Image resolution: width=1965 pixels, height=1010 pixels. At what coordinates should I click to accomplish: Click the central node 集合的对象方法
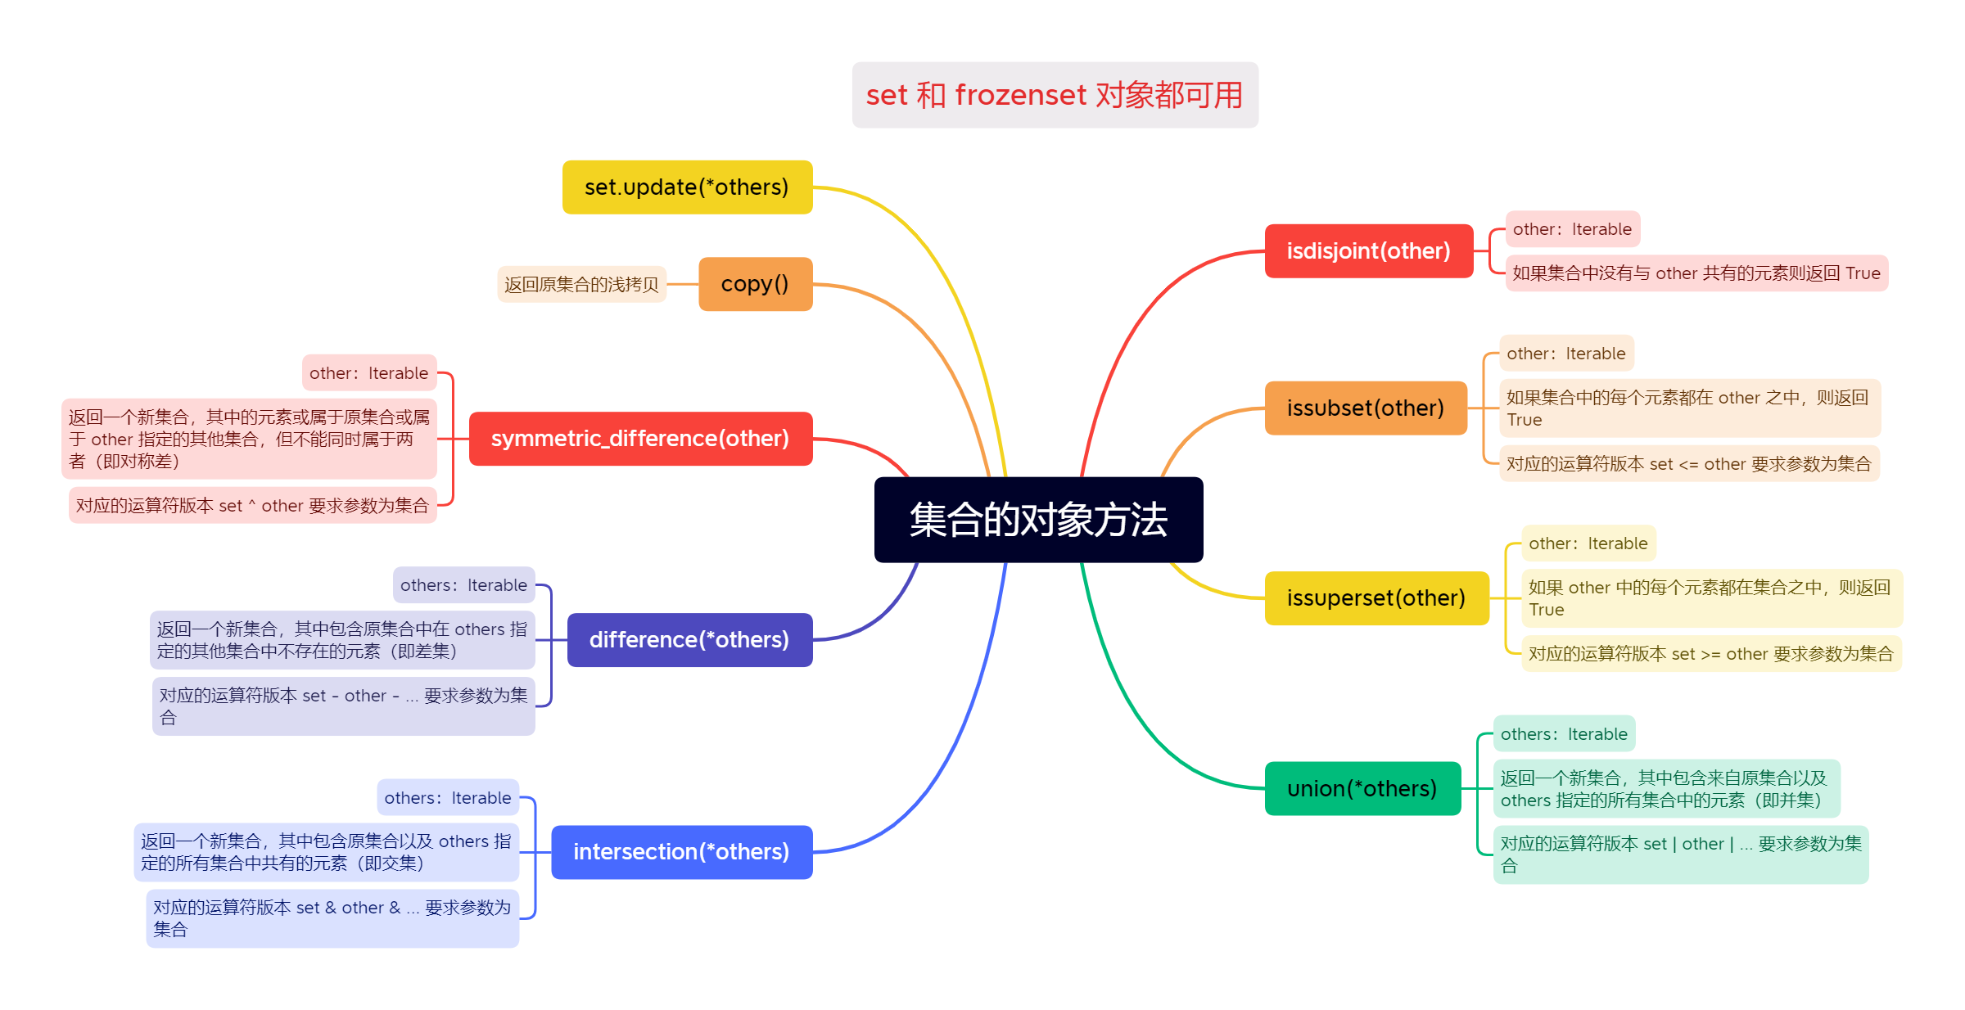coord(1038,520)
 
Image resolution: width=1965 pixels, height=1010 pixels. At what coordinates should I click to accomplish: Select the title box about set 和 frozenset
coord(1055,95)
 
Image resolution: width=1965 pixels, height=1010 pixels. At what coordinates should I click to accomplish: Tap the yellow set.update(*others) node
coord(687,187)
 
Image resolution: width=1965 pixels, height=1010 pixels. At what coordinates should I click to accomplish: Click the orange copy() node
coord(755,284)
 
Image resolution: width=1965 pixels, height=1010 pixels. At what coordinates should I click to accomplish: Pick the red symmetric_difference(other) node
coord(640,439)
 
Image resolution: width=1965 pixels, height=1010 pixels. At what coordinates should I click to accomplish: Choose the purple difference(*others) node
coord(689,640)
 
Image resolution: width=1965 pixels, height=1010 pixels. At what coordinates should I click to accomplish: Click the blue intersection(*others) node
coord(681,852)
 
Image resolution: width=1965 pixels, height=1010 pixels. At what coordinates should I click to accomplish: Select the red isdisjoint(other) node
coord(1368,251)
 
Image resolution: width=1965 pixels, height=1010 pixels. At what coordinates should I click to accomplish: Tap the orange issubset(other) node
coord(1365,408)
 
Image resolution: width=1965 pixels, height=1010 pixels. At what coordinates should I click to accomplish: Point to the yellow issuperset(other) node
coord(1375,598)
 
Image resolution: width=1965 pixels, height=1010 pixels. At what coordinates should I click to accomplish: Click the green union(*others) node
coord(1362,789)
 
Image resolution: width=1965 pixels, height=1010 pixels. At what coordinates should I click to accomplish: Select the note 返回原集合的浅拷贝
coord(581,285)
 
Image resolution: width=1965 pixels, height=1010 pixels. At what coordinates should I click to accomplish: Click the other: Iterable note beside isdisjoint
coord(1572,229)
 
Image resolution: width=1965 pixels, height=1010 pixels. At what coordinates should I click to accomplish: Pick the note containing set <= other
coord(1688,464)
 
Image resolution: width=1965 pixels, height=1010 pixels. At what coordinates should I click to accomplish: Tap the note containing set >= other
coord(1710,654)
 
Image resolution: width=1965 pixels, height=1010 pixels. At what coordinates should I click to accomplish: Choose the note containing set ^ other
coord(252,506)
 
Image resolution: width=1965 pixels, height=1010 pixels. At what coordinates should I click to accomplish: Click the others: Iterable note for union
coord(1564,734)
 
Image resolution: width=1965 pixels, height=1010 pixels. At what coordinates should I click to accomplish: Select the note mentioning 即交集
coord(326,852)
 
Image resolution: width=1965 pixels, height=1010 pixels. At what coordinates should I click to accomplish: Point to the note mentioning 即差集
coord(342,640)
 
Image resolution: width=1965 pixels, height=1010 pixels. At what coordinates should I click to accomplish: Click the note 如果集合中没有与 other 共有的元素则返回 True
coord(1696,273)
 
